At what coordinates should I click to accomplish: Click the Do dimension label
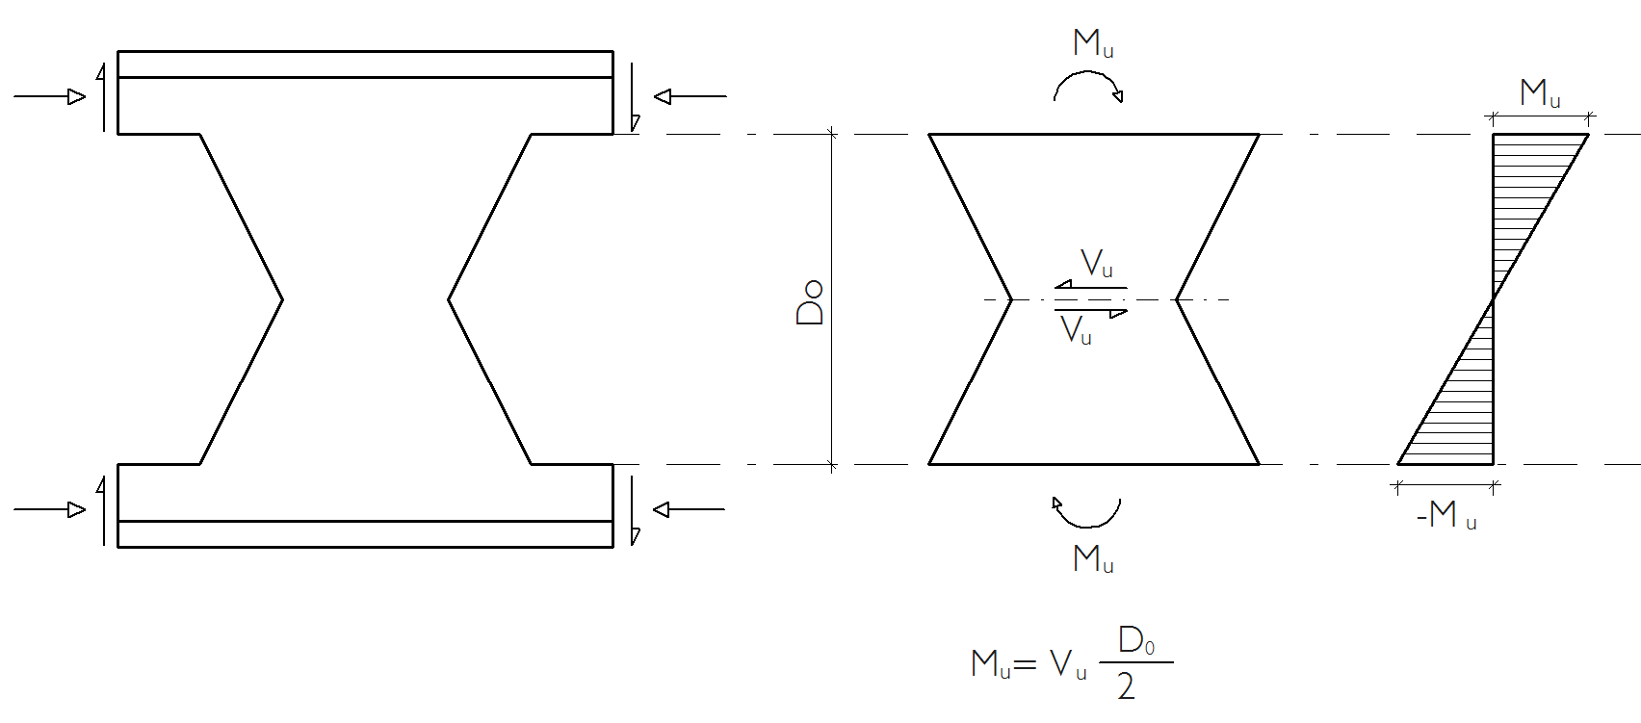(x=810, y=301)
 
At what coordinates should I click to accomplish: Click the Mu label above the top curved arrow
(x=1094, y=43)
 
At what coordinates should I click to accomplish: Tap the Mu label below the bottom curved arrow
(x=1094, y=559)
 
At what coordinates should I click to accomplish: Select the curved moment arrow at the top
(x=1088, y=72)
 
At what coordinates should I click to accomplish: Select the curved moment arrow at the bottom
(x=1088, y=526)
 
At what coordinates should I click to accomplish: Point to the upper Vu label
(x=1097, y=263)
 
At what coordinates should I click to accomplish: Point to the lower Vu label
(x=1076, y=329)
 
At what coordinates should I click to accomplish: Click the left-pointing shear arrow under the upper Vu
(x=1091, y=287)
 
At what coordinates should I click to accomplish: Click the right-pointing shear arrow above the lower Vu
(x=1091, y=312)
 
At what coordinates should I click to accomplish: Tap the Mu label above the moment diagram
(x=1540, y=93)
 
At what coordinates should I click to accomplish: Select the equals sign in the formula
(x=1025, y=664)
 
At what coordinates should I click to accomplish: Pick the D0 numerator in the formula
(x=1136, y=641)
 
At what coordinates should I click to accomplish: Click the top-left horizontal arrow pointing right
(x=50, y=96)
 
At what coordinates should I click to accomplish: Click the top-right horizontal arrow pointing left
(x=690, y=96)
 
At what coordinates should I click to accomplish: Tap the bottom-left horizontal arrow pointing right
(x=50, y=509)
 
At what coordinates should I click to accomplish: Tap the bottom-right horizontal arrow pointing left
(x=689, y=509)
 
